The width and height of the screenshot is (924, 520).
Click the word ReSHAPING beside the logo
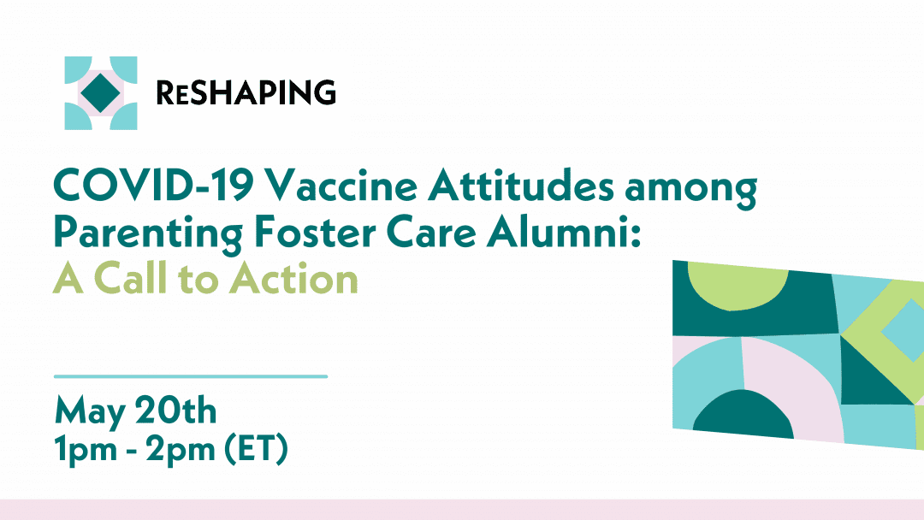(x=246, y=92)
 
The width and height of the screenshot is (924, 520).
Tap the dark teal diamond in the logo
(x=101, y=93)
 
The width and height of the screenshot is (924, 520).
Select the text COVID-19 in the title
(x=154, y=186)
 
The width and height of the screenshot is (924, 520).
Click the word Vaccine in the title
(x=341, y=186)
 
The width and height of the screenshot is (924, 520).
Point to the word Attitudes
(x=521, y=186)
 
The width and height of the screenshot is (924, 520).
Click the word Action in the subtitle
(x=293, y=279)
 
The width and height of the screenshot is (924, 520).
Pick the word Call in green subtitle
(x=131, y=279)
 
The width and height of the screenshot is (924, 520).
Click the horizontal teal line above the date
(x=191, y=376)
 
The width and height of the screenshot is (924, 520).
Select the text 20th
(x=176, y=410)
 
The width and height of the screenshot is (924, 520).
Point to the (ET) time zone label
(x=257, y=450)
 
